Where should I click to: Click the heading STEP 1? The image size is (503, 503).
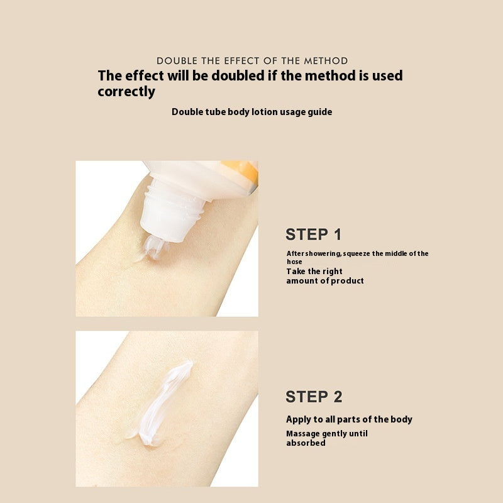(313, 235)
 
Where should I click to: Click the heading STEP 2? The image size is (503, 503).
(314, 397)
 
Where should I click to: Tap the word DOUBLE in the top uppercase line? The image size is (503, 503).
(177, 61)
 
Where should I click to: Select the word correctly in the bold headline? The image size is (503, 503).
(126, 91)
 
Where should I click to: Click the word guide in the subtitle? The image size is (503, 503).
(319, 112)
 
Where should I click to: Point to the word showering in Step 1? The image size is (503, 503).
(324, 254)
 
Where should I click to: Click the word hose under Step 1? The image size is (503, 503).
(294, 262)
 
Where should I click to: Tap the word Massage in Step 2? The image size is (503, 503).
(304, 434)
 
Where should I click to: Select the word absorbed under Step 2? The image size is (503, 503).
(306, 443)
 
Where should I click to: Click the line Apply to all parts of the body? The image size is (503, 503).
(349, 419)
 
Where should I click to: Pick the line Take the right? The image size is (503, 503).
(314, 272)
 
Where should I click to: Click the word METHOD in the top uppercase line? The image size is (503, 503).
(326, 61)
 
